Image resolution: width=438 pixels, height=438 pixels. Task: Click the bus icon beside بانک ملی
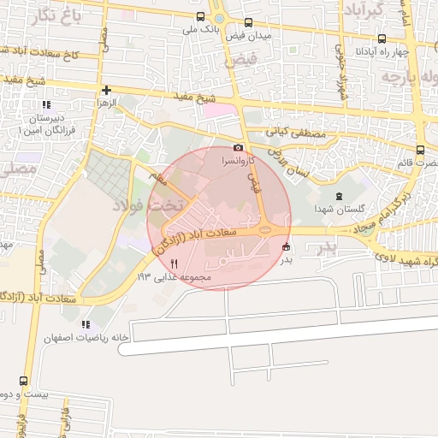pos(200,16)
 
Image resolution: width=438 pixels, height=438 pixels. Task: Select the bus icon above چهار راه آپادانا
pos(382,38)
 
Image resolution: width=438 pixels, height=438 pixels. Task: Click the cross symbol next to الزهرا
pos(106,90)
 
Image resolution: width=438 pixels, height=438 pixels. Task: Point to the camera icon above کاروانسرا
pos(238,147)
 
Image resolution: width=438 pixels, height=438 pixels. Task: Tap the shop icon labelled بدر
pos(286,247)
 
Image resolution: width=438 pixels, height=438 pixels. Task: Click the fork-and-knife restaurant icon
pos(175,263)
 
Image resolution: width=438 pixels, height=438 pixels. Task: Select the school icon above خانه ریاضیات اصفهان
pos(85,324)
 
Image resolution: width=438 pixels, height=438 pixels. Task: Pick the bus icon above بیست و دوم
pos(23,382)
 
